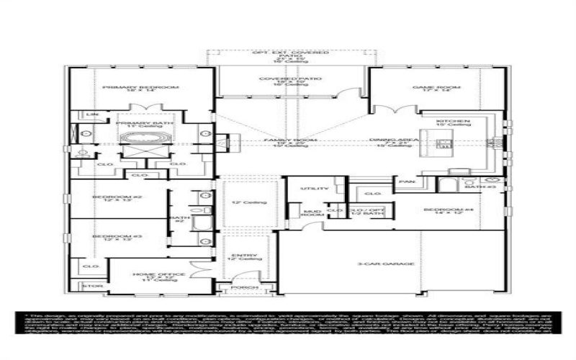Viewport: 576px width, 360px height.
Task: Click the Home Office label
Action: pos(150,274)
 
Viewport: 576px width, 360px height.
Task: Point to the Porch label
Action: pos(240,288)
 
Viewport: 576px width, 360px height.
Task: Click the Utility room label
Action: pos(318,188)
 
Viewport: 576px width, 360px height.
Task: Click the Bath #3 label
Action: pos(492,186)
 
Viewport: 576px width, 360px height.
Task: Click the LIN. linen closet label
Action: pos(91,114)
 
